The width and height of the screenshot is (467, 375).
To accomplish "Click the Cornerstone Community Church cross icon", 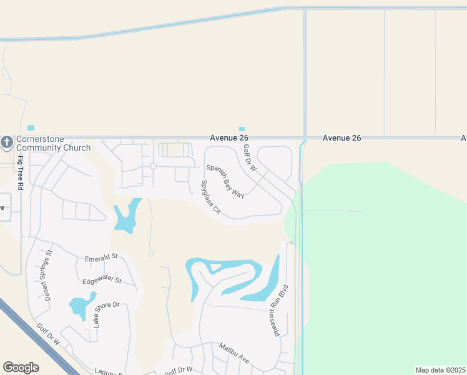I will click(x=7, y=142).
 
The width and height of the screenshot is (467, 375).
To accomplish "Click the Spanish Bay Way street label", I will click(x=225, y=181).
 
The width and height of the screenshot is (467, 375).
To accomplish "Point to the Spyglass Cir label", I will click(x=210, y=197).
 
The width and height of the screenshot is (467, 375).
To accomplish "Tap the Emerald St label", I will click(x=101, y=257).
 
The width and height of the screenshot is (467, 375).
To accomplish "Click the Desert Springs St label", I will click(x=49, y=275).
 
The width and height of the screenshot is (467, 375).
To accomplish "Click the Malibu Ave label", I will click(x=234, y=353).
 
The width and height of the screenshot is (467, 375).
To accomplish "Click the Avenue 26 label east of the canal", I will click(x=342, y=137).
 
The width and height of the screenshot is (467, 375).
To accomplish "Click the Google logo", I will click(x=21, y=367).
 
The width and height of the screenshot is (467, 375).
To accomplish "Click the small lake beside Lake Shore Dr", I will click(x=79, y=307).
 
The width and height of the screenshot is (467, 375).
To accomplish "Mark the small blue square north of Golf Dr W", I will click(x=242, y=129).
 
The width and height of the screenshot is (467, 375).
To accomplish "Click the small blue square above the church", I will click(x=31, y=128).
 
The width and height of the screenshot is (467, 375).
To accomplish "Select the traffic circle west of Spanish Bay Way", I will click(x=153, y=166).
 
